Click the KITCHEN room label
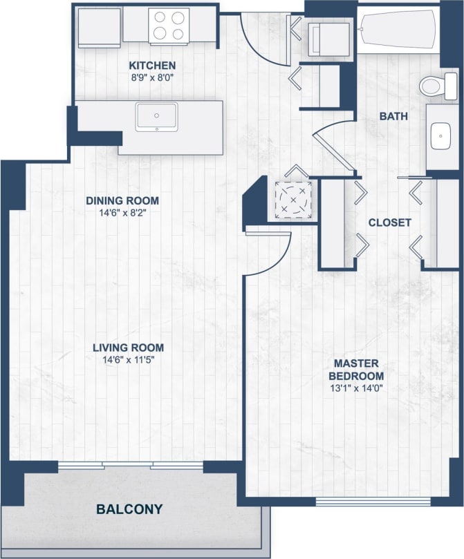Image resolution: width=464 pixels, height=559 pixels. tap(148, 66)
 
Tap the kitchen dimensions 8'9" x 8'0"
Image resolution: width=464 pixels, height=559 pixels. tap(148, 78)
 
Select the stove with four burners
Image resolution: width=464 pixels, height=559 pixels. tap(168, 26)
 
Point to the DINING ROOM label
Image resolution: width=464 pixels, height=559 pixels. tap(122, 201)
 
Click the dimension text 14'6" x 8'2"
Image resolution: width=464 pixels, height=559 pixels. tap(122, 213)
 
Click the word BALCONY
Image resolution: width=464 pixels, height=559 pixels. tap(129, 509)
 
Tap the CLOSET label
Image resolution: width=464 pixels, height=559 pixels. tap(389, 222)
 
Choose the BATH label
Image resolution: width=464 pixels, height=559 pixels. tap(393, 117)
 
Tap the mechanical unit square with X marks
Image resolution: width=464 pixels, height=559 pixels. tap(291, 200)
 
